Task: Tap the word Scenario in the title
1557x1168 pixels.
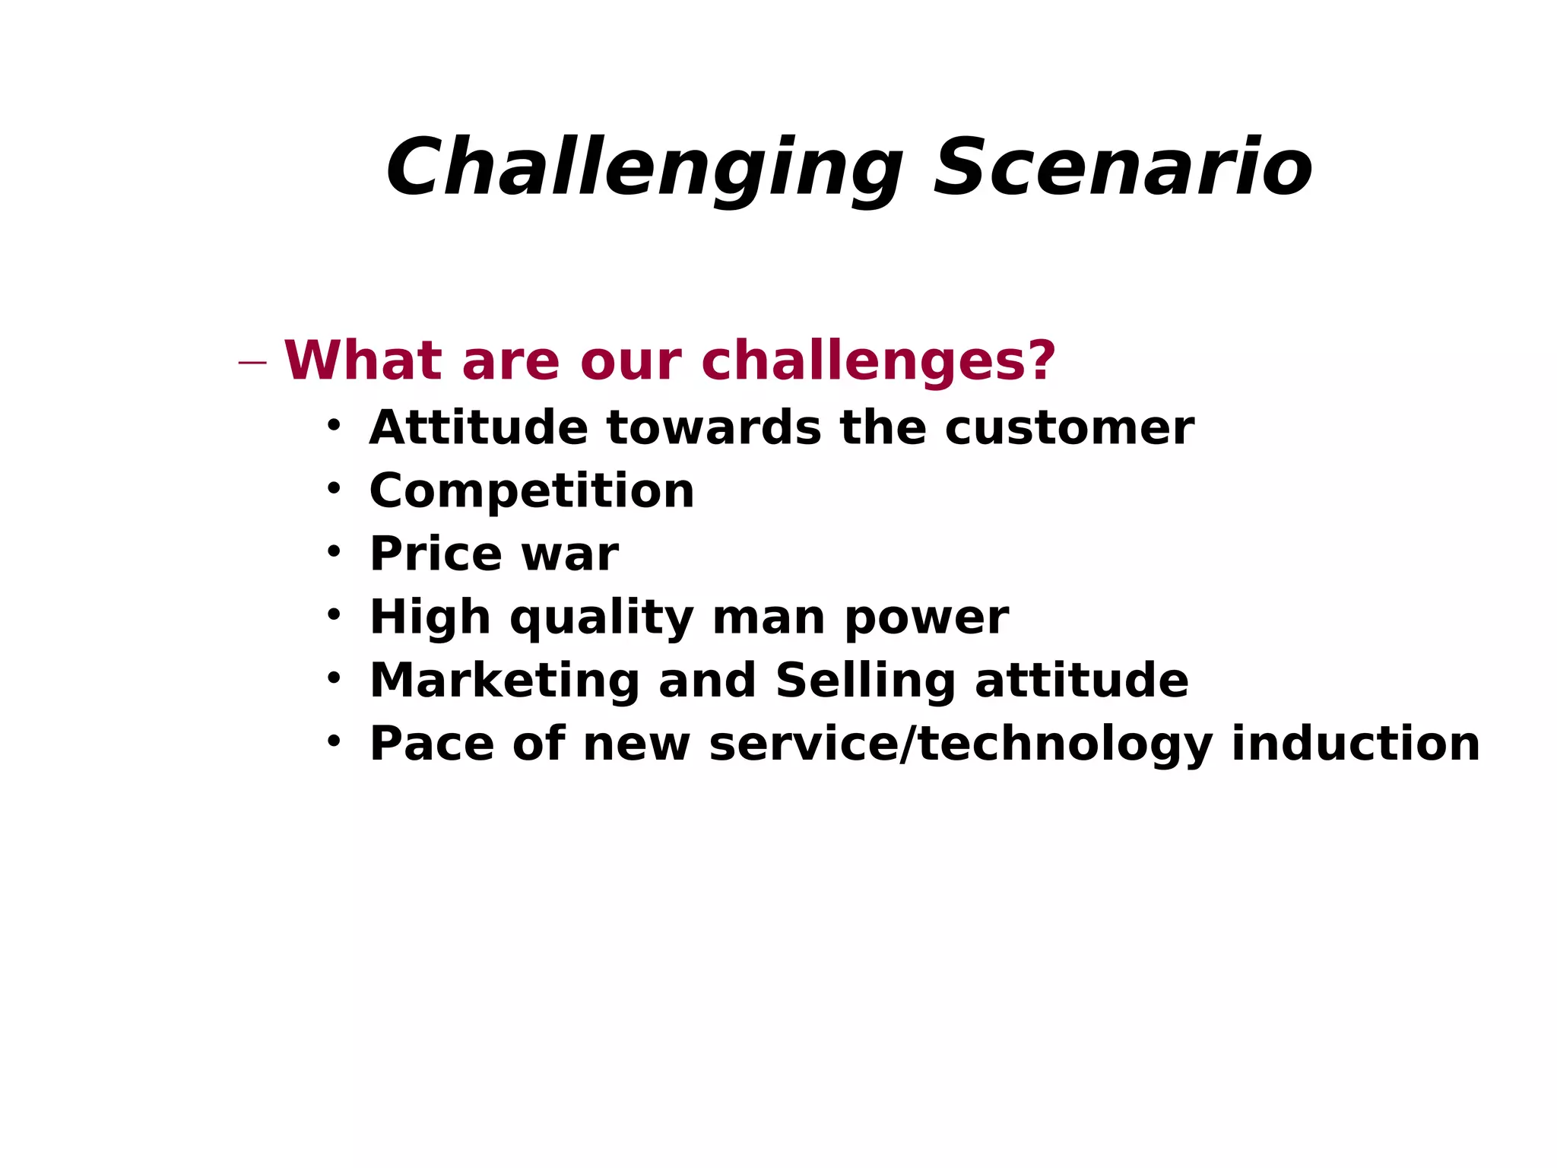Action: (1123, 169)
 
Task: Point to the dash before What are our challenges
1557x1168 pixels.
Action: (252, 363)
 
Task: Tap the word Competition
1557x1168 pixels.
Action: (531, 491)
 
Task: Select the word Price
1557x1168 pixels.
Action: (436, 554)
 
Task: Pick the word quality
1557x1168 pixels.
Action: (601, 617)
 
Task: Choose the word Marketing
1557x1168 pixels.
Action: (504, 681)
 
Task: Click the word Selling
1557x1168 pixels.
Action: (865, 681)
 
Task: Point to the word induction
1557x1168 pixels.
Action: (1356, 744)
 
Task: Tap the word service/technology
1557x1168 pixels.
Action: (960, 744)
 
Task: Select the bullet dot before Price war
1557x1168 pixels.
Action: (334, 551)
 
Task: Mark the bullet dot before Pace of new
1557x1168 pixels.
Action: (334, 740)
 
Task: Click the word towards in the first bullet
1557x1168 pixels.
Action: (714, 428)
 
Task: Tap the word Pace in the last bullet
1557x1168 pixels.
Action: (431, 744)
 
